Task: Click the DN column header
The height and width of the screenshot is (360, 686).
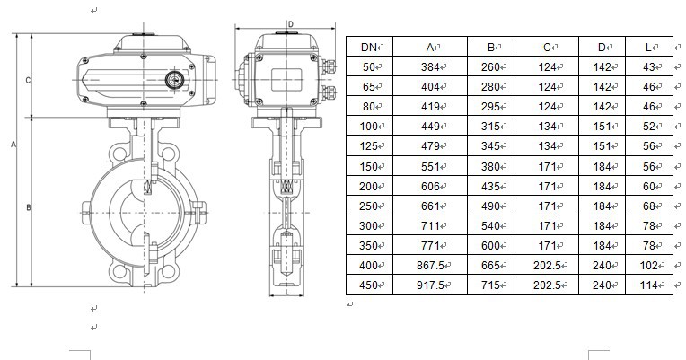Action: click(x=369, y=48)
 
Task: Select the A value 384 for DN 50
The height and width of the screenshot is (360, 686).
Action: click(x=430, y=67)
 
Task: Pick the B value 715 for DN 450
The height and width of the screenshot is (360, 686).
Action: click(x=490, y=285)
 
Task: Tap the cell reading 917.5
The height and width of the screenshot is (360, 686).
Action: click(x=430, y=285)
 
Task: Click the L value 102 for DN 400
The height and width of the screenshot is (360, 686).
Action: click(x=649, y=266)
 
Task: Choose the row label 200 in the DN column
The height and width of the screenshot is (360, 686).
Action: click(x=368, y=187)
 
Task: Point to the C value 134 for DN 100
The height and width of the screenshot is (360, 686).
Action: click(x=547, y=127)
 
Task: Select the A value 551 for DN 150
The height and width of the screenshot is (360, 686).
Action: click(x=430, y=167)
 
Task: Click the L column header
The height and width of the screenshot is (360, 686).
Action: click(x=649, y=48)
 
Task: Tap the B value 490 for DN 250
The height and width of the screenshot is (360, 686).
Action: click(x=490, y=206)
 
